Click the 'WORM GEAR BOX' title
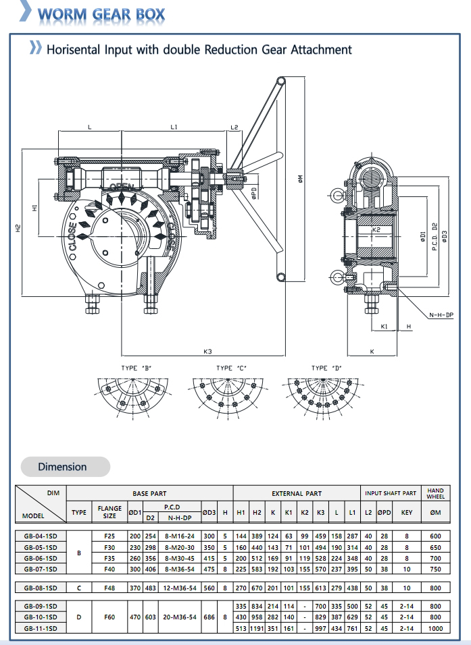(x=101, y=14)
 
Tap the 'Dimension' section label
(x=62, y=467)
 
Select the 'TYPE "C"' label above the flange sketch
(x=231, y=368)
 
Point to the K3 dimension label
(x=207, y=352)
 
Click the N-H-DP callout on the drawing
(x=441, y=315)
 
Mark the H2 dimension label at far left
(x=18, y=228)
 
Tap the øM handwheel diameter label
(x=301, y=179)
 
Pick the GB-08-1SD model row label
(x=41, y=588)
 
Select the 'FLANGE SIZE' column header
(x=109, y=512)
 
